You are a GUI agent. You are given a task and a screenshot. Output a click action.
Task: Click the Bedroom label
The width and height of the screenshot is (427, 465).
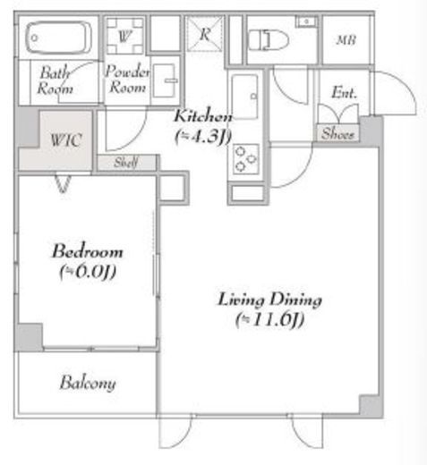[x=88, y=251]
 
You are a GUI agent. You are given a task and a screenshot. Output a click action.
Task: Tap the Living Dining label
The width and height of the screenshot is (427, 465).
[x=270, y=300]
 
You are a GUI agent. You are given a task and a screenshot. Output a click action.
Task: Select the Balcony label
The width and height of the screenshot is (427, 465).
[x=88, y=383]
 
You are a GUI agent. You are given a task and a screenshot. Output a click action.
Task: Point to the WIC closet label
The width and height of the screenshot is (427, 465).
[x=66, y=139]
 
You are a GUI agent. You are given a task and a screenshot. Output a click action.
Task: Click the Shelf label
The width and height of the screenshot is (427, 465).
[x=126, y=163]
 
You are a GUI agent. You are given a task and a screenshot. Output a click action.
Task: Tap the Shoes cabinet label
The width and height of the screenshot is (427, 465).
[x=337, y=134]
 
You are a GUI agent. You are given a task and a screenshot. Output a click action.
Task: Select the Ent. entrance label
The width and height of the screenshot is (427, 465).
[x=345, y=92]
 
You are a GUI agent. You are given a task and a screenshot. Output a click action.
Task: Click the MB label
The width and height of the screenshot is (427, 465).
[x=346, y=40]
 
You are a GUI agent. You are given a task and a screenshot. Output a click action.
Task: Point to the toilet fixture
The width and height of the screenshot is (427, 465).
[x=269, y=40]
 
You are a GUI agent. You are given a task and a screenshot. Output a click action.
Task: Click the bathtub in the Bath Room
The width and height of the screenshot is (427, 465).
[x=58, y=38]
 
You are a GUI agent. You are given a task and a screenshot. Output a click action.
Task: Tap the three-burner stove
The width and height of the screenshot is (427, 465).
[x=245, y=159]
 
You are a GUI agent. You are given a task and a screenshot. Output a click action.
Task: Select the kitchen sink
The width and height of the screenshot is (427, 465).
[x=244, y=96]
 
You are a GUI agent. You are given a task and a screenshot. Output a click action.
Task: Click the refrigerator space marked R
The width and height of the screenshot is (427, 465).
[x=205, y=34]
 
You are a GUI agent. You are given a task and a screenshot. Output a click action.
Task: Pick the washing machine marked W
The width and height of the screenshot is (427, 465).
[x=124, y=36]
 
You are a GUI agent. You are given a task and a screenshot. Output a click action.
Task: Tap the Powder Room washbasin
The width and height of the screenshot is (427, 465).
[x=165, y=80]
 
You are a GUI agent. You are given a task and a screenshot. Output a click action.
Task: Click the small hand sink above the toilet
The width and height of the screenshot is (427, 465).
[x=305, y=21]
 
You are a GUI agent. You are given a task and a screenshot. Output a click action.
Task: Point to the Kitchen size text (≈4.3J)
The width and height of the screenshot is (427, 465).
[x=203, y=137]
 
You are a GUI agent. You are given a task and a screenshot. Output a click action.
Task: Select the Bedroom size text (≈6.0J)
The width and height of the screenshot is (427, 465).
[x=88, y=272]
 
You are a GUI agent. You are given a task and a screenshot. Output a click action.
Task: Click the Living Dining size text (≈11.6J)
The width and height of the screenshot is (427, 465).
[x=270, y=319]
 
